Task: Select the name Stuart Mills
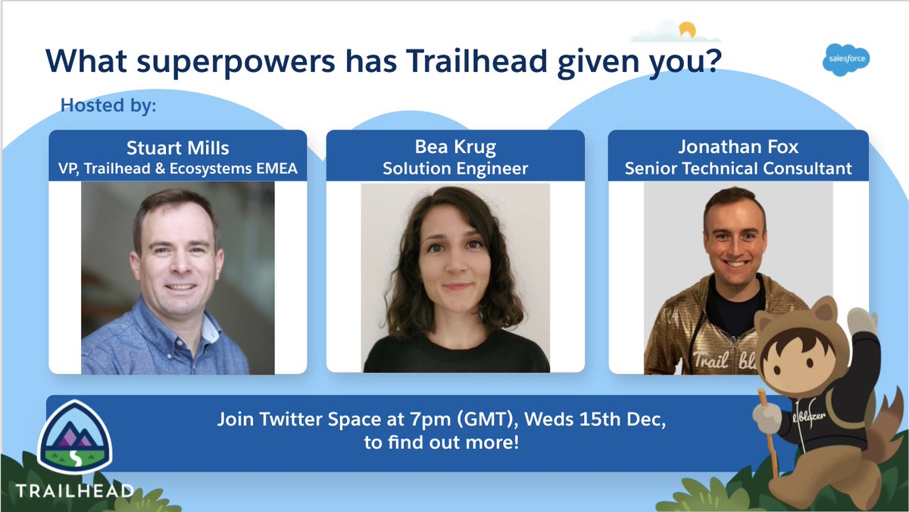177,146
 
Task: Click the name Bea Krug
454,146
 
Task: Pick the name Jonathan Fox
738,146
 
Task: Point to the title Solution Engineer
454,168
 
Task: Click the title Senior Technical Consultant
738,168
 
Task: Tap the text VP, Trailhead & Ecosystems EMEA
177,168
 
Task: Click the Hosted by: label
108,105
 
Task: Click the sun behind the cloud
687,30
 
